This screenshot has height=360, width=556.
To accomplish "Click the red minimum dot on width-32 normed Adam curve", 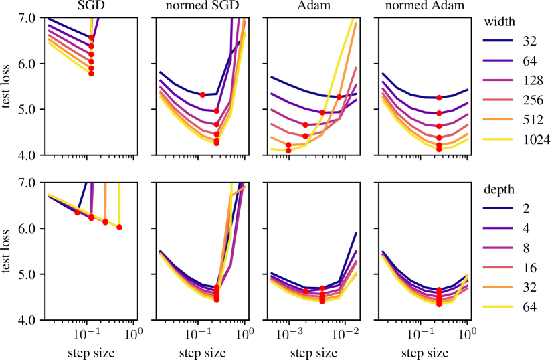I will click(439, 98).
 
